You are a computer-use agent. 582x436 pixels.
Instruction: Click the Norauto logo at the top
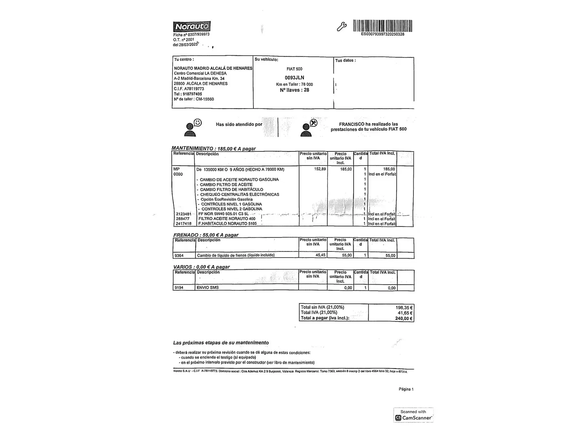coord(192,27)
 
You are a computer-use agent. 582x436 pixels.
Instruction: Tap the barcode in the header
coord(382,26)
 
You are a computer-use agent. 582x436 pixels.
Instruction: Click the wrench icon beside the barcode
coord(342,27)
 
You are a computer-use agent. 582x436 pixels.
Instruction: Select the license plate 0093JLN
coord(294,78)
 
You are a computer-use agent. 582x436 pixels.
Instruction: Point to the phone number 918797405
coord(192,94)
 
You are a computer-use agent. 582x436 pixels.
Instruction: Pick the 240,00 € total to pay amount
coord(404,319)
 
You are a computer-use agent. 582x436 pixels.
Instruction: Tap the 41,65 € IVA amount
coord(405,313)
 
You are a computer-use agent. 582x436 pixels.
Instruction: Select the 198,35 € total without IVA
coord(404,307)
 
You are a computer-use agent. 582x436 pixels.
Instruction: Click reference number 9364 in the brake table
coord(179,256)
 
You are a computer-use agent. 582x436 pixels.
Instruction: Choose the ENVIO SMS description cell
coord(208,288)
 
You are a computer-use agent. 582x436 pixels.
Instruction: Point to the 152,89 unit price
coord(320,169)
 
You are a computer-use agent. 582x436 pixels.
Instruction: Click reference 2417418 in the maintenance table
coord(183,224)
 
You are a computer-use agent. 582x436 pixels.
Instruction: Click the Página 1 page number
coord(406,389)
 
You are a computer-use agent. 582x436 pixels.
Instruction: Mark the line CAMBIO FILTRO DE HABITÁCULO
coord(231,189)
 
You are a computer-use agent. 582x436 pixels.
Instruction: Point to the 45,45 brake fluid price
coord(320,256)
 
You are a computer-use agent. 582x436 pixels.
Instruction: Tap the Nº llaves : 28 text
coord(294,90)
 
